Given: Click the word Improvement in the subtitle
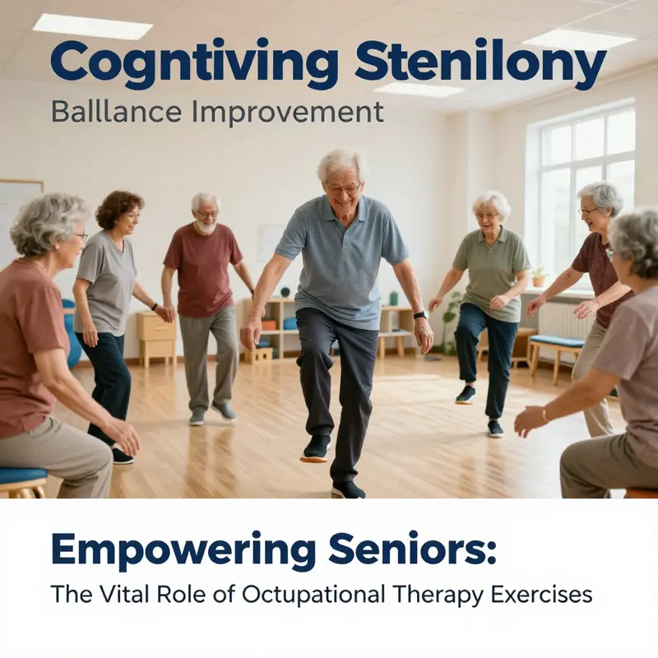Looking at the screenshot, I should click(287, 112).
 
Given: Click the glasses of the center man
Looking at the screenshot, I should click(342, 188).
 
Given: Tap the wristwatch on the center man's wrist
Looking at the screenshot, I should click(420, 315).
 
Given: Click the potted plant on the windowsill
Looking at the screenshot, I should click(538, 276).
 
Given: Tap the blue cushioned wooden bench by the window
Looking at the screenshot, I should click(558, 341).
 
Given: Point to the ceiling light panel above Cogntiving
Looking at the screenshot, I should click(92, 25).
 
